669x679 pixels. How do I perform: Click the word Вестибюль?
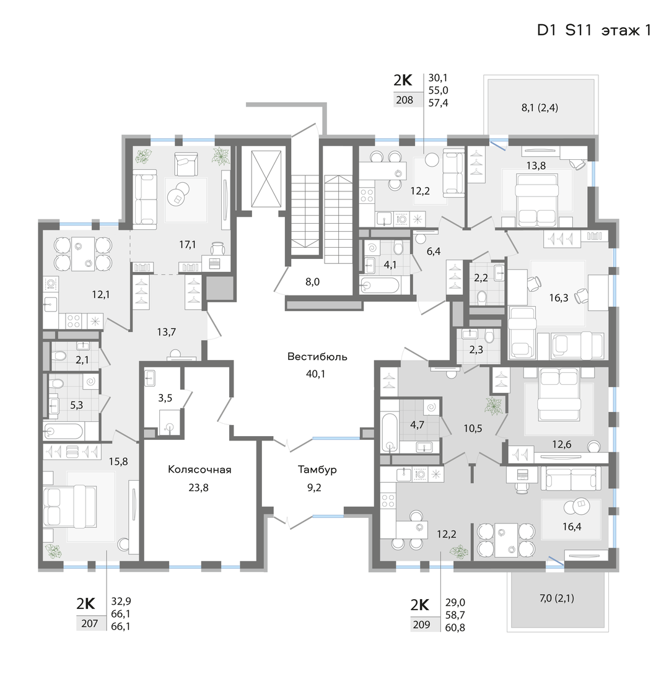click(x=317, y=356)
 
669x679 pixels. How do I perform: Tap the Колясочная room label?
click(x=199, y=470)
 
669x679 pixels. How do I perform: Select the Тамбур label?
click(x=317, y=470)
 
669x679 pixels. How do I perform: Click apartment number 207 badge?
click(x=90, y=624)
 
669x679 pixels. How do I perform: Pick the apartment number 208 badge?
click(x=404, y=100)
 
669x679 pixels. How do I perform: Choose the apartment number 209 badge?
click(x=421, y=624)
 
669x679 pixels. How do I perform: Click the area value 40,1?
click(x=315, y=374)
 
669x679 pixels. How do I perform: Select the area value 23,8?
click(x=198, y=488)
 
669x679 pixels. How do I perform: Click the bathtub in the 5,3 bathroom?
click(x=63, y=432)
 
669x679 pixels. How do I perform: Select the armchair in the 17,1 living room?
click(x=186, y=164)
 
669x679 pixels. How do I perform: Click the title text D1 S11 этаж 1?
click(x=594, y=30)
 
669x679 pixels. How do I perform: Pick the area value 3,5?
click(x=165, y=398)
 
